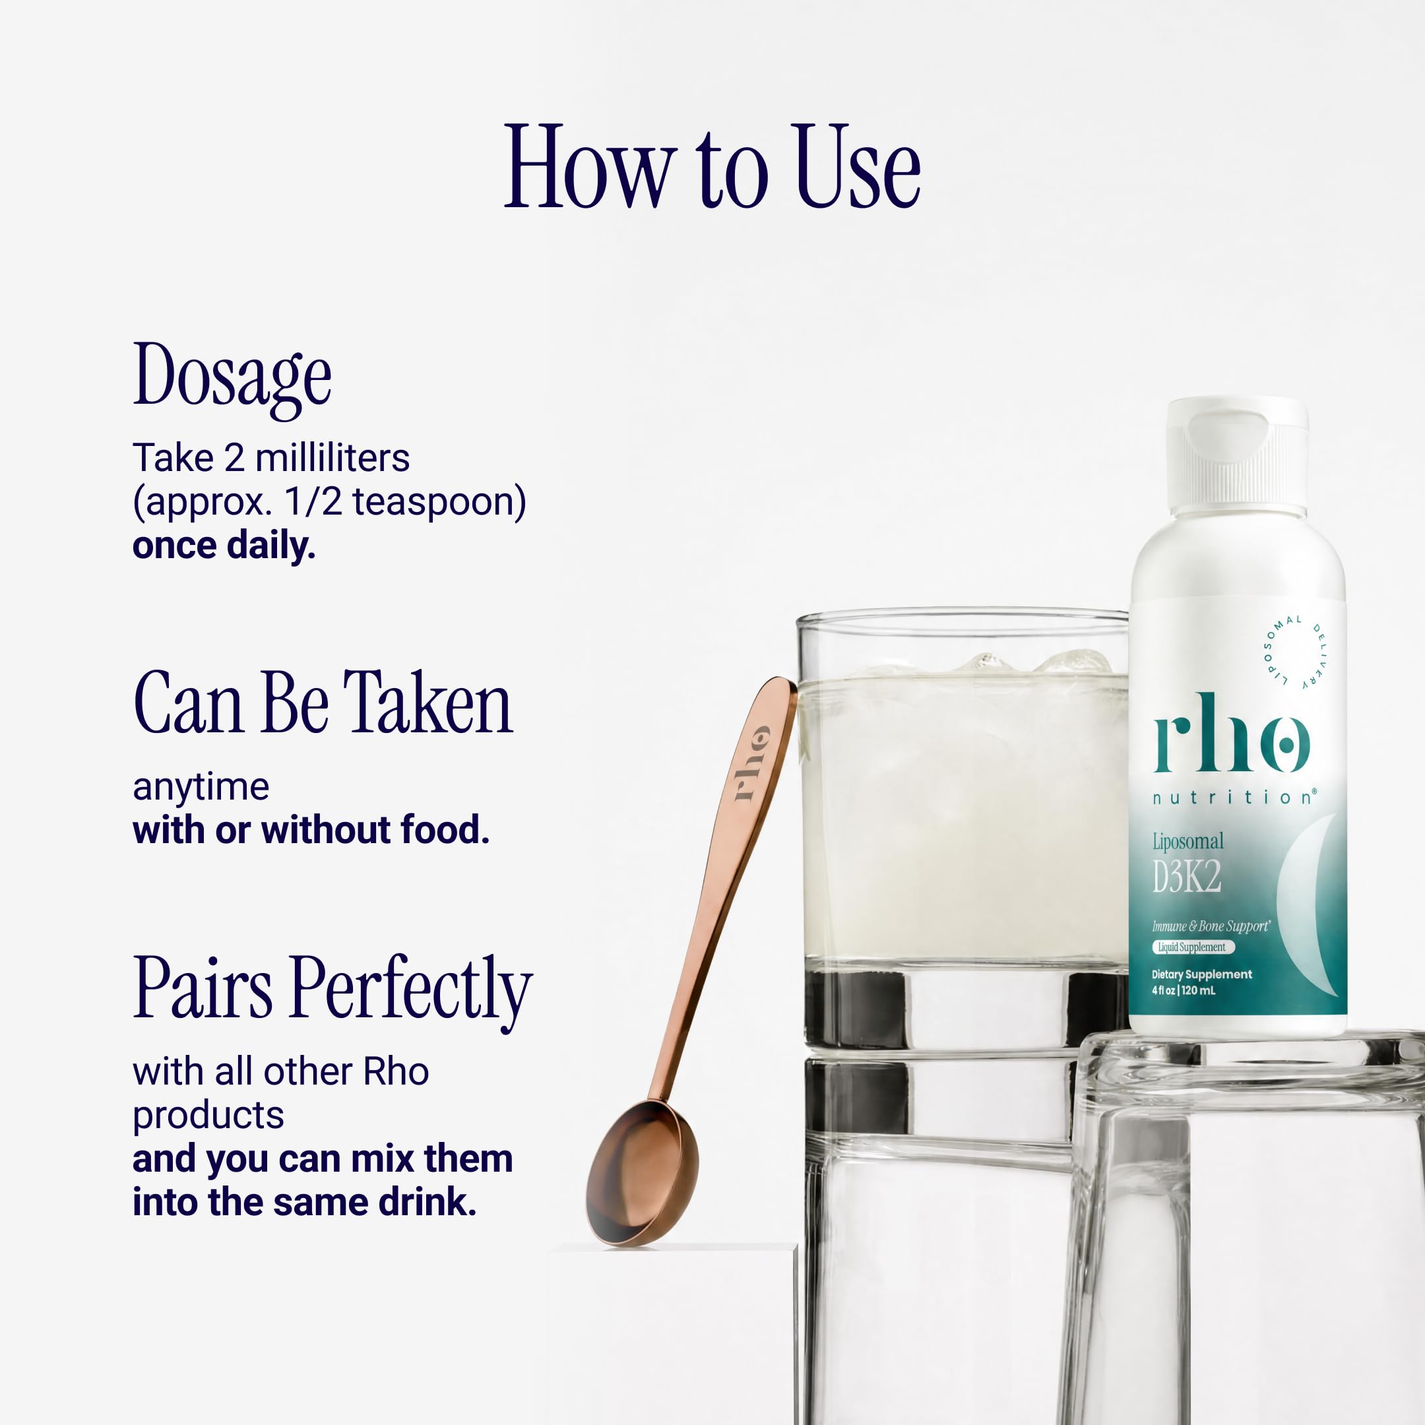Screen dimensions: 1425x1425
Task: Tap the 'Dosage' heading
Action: click(232, 379)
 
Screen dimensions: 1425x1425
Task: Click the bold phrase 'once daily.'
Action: click(224, 546)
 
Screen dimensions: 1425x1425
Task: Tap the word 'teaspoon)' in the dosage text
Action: click(439, 502)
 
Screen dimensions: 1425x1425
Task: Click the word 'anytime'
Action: click(201, 788)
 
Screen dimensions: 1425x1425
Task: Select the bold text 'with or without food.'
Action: click(311, 830)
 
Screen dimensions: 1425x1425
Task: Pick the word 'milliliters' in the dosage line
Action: click(332, 458)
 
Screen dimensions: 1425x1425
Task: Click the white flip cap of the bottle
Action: click(1237, 456)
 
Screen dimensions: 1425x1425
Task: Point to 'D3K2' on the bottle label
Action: click(1187, 877)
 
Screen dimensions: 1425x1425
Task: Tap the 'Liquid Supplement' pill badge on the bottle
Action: click(1192, 947)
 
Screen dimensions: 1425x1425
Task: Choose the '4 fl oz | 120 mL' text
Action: click(1183, 990)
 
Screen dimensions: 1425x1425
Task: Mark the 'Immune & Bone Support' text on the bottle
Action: click(1211, 926)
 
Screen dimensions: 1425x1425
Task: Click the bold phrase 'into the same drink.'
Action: click(305, 1202)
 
